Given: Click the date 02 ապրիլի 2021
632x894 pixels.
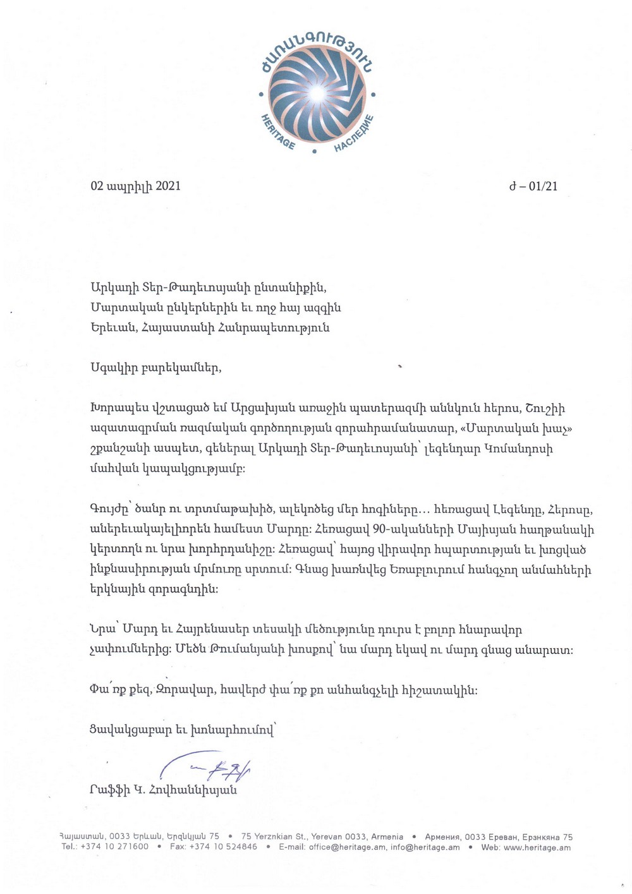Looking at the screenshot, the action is click(136, 186).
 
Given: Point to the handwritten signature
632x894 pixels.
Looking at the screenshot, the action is click(209, 769).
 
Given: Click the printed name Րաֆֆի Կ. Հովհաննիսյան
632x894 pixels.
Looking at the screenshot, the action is click(164, 790).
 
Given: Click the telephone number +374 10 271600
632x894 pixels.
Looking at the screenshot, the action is click(114, 847).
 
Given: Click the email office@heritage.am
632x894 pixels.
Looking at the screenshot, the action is click(347, 847).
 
